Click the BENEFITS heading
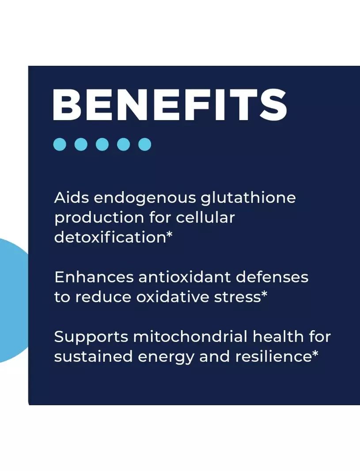pos(170,105)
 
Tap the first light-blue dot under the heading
pos(60,144)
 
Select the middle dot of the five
pos(102,144)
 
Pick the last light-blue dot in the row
pos(144,144)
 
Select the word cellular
pos(205,217)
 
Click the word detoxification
pos(110,237)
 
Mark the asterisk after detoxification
pos(170,234)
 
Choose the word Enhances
pos(94,277)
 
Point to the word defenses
pos(272,277)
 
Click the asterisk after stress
pos(264,294)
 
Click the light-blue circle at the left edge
pos(14,300)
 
